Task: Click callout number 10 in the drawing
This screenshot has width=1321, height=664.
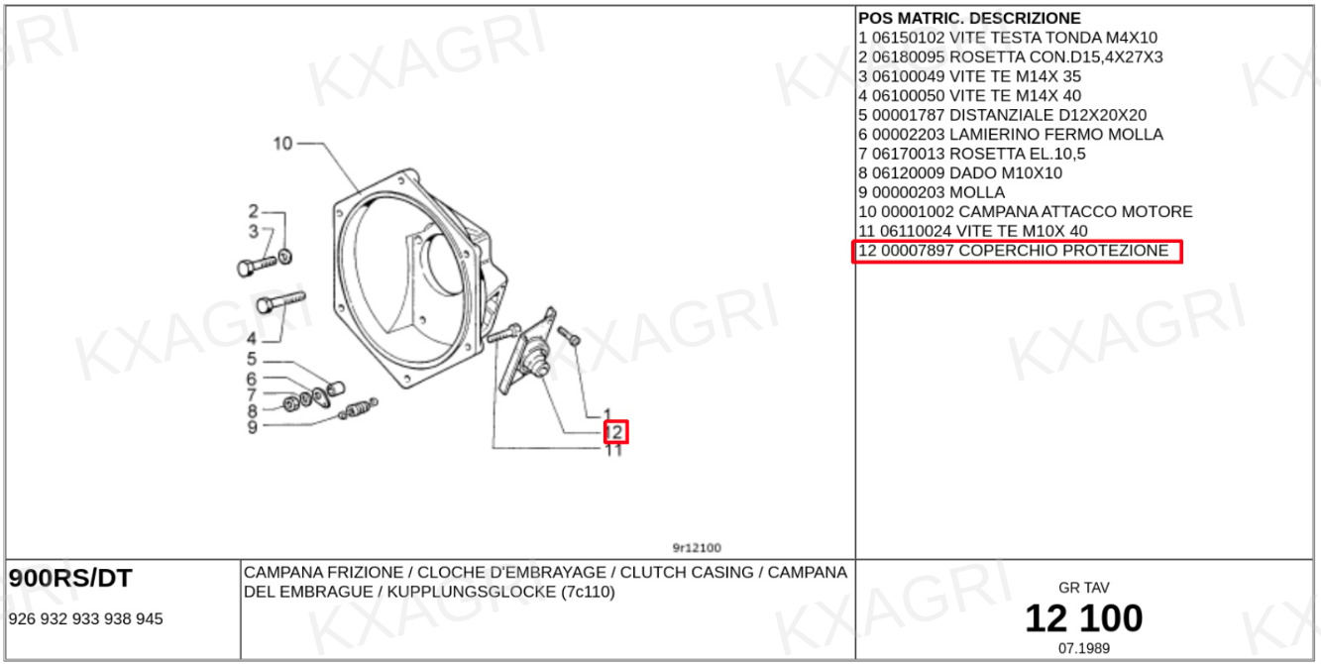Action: (x=282, y=144)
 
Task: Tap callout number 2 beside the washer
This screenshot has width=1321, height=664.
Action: (x=254, y=211)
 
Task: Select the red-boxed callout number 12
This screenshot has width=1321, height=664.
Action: (x=614, y=432)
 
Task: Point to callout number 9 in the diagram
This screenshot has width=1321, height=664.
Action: (x=253, y=427)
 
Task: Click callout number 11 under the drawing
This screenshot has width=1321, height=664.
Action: (x=613, y=451)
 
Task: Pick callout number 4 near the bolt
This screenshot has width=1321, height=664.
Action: (x=252, y=339)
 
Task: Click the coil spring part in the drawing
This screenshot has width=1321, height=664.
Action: (x=359, y=408)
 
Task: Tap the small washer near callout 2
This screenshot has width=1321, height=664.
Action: (x=285, y=257)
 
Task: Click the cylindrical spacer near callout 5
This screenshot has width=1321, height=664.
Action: (x=336, y=388)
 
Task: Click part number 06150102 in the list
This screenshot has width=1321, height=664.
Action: (x=908, y=38)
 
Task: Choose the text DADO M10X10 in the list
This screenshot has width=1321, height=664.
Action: (x=1006, y=173)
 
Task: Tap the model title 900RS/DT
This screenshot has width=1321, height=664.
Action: (x=70, y=579)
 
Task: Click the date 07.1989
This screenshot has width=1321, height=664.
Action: (x=1084, y=649)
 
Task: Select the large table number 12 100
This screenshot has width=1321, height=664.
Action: (x=1084, y=618)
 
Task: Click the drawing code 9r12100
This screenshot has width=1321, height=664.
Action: (x=697, y=548)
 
